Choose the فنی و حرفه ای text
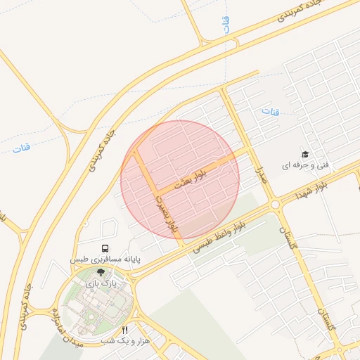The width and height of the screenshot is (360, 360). pyautogui.click(x=305, y=166)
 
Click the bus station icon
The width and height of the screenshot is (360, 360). pyautogui.click(x=105, y=248)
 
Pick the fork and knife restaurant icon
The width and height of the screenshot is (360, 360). pyautogui.click(x=125, y=329)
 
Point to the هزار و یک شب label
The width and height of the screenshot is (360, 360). pyautogui.click(x=118, y=340)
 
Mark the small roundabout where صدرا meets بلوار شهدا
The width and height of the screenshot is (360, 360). pyautogui.click(x=274, y=205)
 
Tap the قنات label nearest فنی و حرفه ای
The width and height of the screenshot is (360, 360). pyautogui.click(x=270, y=112)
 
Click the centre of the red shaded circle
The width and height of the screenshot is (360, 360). pyautogui.click(x=180, y=180)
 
